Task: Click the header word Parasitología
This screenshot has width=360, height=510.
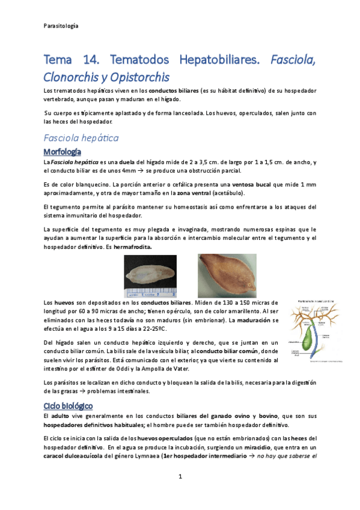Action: tap(61, 26)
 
